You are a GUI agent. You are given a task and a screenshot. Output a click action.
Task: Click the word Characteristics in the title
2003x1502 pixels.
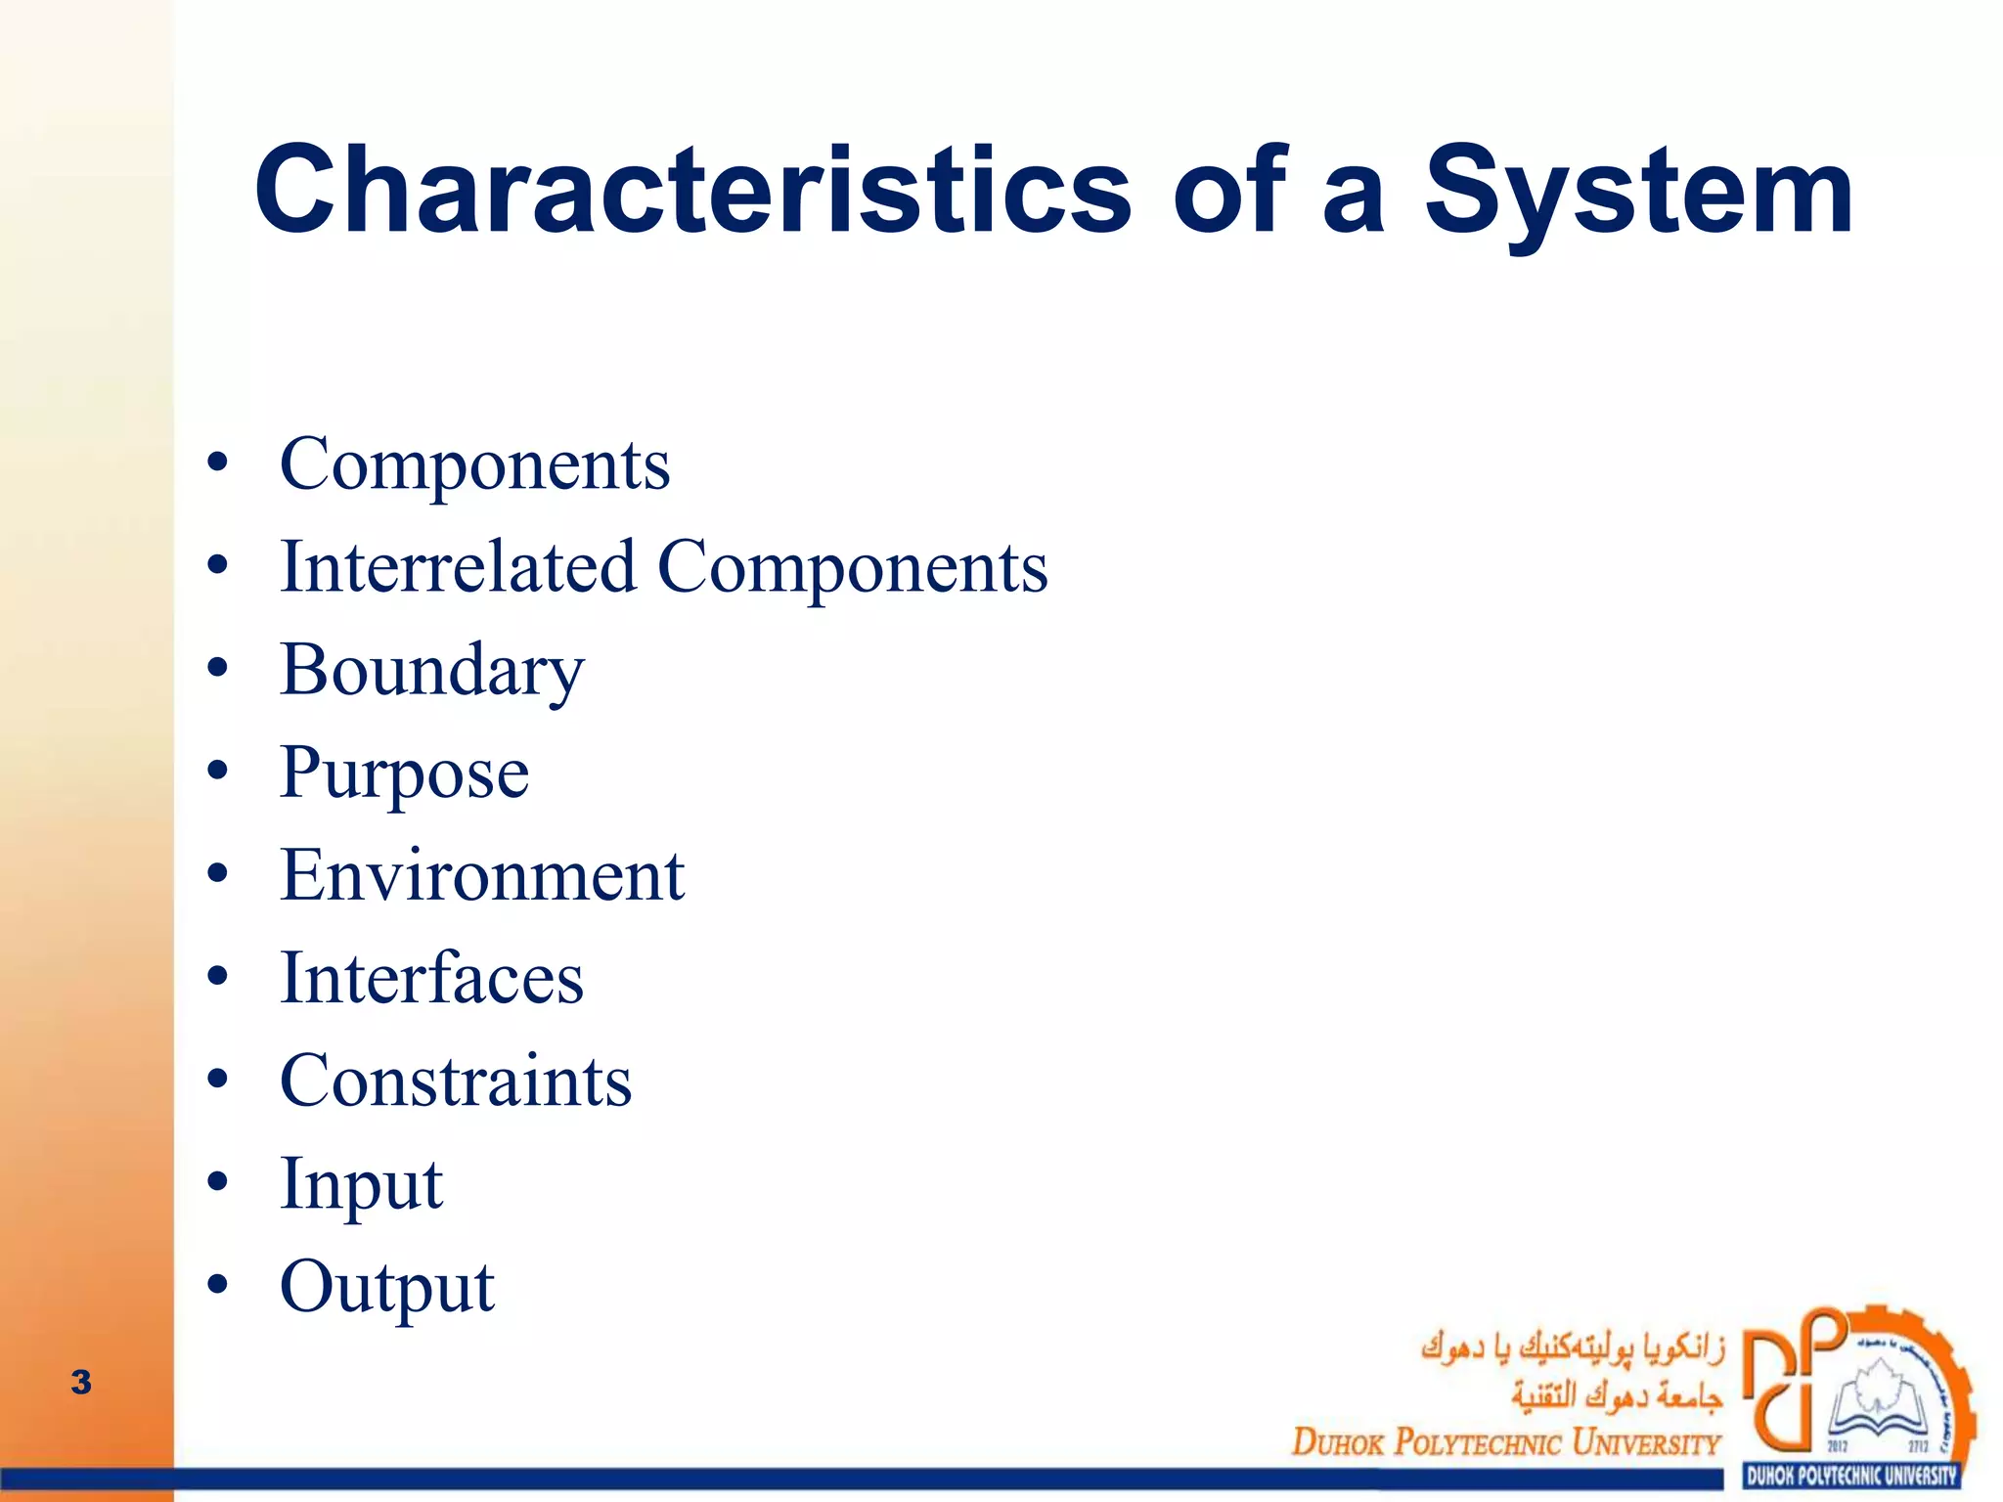[692, 191]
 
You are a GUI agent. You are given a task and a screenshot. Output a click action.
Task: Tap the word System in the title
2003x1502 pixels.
[1638, 191]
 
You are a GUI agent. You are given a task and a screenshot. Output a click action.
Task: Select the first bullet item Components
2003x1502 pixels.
[474, 464]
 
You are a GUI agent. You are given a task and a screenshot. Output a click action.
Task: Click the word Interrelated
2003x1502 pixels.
[458, 567]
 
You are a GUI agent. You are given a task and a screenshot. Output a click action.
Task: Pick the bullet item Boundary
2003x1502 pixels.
[431, 672]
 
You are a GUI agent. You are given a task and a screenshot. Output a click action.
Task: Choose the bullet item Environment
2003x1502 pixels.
[481, 875]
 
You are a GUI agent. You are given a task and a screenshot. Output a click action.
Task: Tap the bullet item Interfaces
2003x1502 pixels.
[431, 978]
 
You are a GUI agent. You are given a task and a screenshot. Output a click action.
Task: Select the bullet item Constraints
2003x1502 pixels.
[456, 1082]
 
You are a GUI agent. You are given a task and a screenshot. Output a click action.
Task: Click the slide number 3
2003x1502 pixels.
[81, 1382]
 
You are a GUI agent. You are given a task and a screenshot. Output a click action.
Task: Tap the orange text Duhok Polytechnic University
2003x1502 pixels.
[1505, 1442]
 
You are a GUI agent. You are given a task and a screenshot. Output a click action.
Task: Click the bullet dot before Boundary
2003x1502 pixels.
[218, 670]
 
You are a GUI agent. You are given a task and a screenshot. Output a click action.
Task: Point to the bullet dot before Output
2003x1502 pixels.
[218, 1285]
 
